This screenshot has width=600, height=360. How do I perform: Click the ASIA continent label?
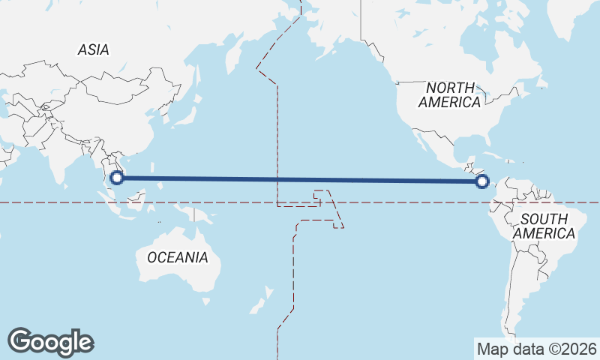pyautogui.click(x=94, y=49)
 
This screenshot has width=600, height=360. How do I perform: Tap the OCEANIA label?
pyautogui.click(x=177, y=257)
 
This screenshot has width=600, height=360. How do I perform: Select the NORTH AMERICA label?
pyautogui.click(x=450, y=94)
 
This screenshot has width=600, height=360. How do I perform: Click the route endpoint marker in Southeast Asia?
pyautogui.click(x=116, y=178)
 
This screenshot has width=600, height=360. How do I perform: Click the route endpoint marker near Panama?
pyautogui.click(x=482, y=181)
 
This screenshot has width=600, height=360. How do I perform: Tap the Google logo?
pyautogui.click(x=50, y=341)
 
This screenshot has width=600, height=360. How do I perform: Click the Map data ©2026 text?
pyautogui.click(x=537, y=348)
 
